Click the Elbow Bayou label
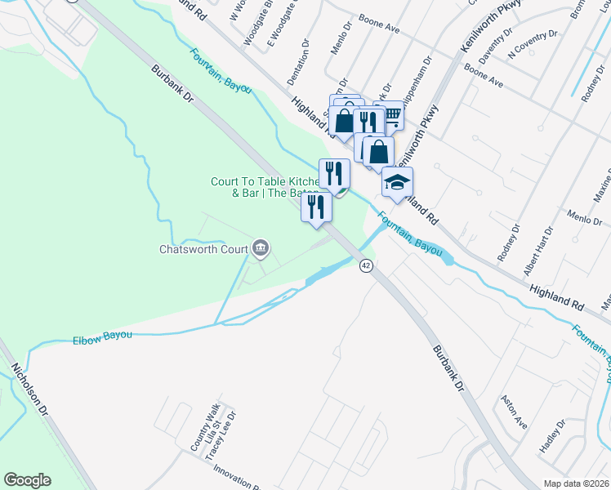(x=102, y=337)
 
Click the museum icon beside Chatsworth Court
(x=261, y=247)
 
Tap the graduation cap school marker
(x=397, y=182)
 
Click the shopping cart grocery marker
(x=392, y=117)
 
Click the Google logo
(x=28, y=480)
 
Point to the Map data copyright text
(x=577, y=483)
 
